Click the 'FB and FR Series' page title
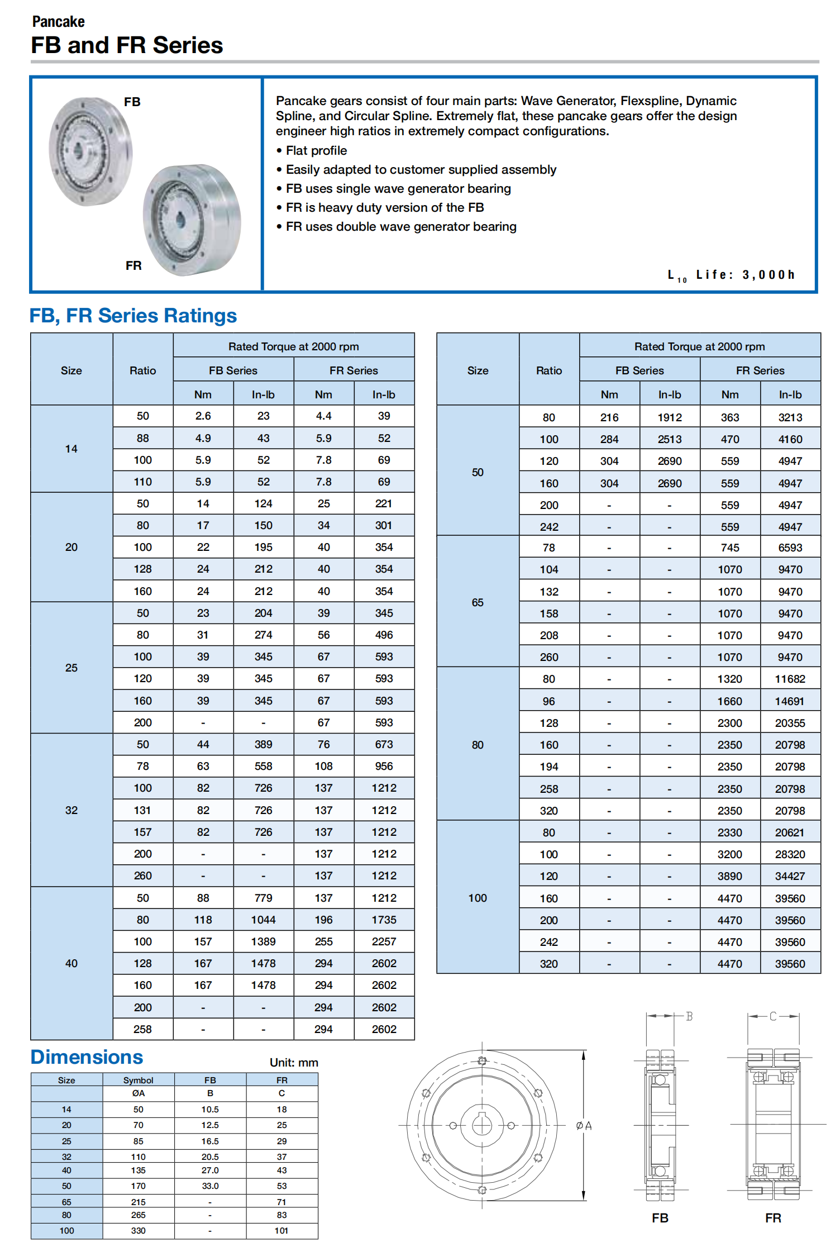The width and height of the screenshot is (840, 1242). [x=127, y=45]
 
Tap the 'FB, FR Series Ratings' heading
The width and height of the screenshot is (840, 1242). [x=133, y=316]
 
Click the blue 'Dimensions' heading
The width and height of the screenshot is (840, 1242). [x=87, y=1057]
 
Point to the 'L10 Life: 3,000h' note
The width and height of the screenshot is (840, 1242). [x=731, y=275]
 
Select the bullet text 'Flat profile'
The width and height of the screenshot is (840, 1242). [x=316, y=151]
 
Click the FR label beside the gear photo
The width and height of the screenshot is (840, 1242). [x=133, y=265]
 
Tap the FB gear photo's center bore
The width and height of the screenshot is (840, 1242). [x=78, y=149]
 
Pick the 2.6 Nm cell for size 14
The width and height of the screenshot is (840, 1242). [x=203, y=416]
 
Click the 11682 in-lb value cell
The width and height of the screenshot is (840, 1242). [x=790, y=679]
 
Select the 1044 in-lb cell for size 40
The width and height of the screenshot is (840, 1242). [x=263, y=920]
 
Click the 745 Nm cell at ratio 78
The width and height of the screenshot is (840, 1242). [x=729, y=548]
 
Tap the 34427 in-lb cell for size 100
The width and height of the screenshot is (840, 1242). [x=790, y=876]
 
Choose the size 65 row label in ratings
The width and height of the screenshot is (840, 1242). [x=478, y=602]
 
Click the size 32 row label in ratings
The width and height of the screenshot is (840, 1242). [x=71, y=810]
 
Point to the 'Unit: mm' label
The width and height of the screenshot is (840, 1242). [x=294, y=1063]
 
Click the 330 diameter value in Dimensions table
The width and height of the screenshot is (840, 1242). [x=138, y=1231]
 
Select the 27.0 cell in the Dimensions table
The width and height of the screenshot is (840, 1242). [x=210, y=1170]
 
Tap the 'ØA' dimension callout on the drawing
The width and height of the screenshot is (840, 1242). [x=584, y=1126]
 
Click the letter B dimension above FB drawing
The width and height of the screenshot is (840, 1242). [x=689, y=1016]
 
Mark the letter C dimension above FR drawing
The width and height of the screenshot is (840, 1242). [x=773, y=1016]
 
